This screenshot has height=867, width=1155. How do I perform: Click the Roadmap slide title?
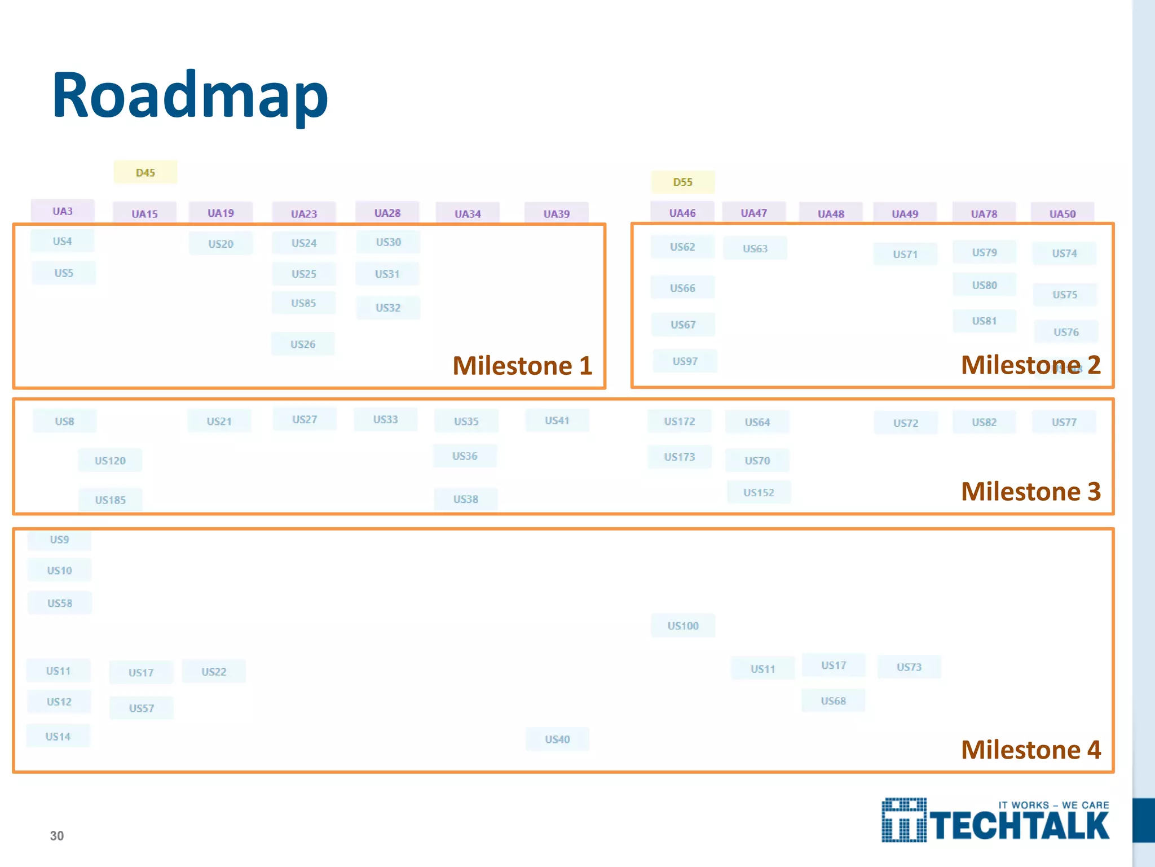click(189, 96)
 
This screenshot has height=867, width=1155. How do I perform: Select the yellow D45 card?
click(146, 173)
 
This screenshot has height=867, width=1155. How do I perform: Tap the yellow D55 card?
click(682, 182)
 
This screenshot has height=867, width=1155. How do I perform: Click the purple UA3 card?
click(63, 211)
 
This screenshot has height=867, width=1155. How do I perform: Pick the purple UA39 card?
click(556, 214)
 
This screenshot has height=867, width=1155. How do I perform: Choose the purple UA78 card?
click(984, 214)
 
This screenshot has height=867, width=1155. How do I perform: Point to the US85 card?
click(303, 303)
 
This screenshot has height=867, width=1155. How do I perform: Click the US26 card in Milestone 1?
click(303, 344)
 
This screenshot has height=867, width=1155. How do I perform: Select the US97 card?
click(685, 361)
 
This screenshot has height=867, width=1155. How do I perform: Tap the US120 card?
click(110, 461)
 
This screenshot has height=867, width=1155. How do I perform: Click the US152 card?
click(759, 493)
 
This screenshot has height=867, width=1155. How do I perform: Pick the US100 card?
click(683, 626)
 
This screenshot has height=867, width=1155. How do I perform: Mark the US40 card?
click(557, 739)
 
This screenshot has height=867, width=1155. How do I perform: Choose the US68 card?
click(833, 701)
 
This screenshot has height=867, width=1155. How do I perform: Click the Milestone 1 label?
click(522, 366)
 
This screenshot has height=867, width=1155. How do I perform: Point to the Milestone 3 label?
click(1030, 492)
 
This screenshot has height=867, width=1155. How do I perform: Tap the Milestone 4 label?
click(1030, 750)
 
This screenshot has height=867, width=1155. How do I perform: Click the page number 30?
click(57, 836)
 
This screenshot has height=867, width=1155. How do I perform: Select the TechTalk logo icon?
click(904, 820)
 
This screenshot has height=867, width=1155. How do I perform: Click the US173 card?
click(679, 457)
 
